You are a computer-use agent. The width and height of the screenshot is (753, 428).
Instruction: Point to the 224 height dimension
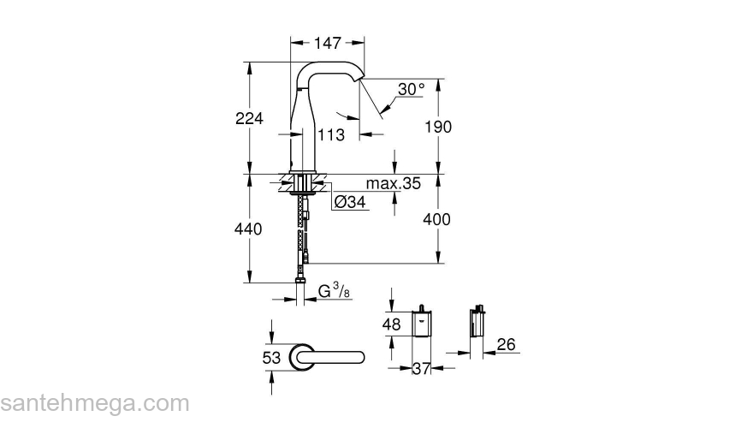pyautogui.click(x=249, y=118)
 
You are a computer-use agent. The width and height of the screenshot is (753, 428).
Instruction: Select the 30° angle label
pyautogui.click(x=411, y=89)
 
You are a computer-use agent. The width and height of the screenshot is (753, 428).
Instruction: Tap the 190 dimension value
pyautogui.click(x=437, y=127)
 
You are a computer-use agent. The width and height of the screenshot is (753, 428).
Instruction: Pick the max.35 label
pyautogui.click(x=394, y=184)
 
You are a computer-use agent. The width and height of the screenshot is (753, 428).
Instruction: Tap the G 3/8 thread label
pyautogui.click(x=333, y=292)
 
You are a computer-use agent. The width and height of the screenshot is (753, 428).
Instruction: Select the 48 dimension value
pyautogui.click(x=393, y=325)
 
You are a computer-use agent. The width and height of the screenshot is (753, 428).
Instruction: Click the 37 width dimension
pyautogui.click(x=420, y=368)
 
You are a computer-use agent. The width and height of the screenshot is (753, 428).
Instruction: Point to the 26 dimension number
pyautogui.click(x=507, y=345)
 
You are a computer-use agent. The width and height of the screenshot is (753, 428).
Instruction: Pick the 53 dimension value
pyautogui.click(x=271, y=358)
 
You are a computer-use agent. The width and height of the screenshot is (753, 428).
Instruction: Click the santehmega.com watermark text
pyautogui.click(x=95, y=403)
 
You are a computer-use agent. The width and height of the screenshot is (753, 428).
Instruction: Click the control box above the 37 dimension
pyautogui.click(x=422, y=324)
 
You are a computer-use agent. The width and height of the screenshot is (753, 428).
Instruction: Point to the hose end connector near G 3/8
pyautogui.click(x=301, y=280)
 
